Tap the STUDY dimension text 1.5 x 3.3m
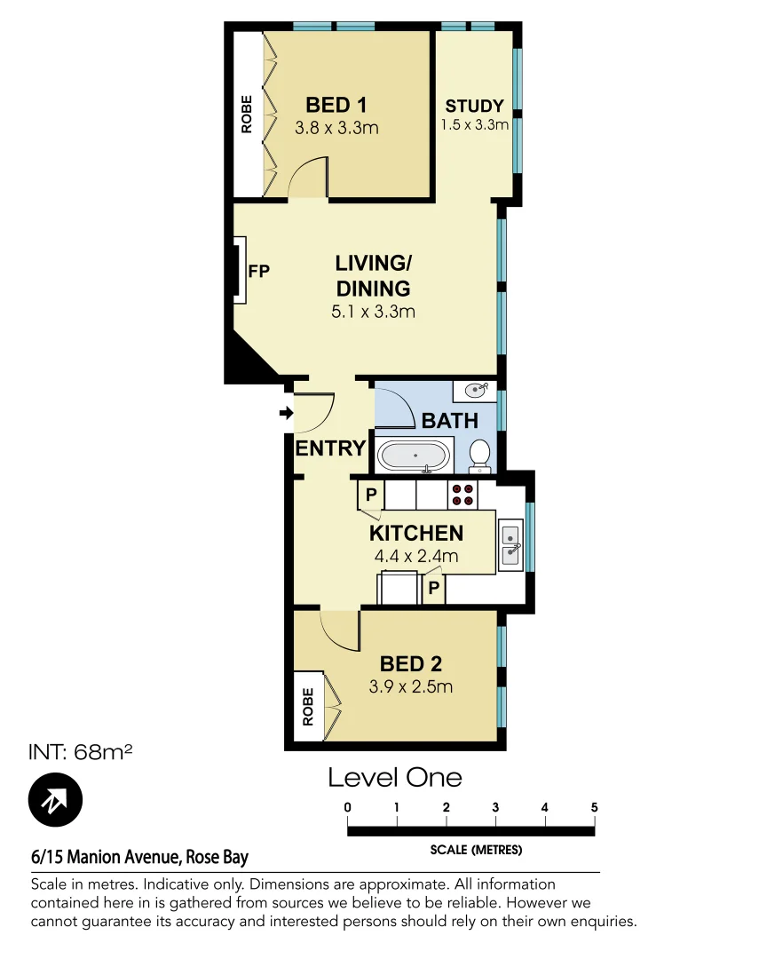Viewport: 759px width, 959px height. click(475, 125)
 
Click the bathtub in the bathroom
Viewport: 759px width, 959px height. click(413, 456)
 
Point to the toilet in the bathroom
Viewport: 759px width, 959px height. click(479, 454)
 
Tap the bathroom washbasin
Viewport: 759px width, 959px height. click(477, 389)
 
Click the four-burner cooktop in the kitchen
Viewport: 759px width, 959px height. click(463, 495)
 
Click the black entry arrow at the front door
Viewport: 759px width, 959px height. click(285, 413)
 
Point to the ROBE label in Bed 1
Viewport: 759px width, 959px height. click(247, 114)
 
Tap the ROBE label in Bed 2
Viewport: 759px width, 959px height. click(308, 708)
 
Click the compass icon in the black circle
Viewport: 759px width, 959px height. click(55, 800)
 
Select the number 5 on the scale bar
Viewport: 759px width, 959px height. click(594, 807)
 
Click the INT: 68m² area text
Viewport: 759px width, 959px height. click(82, 753)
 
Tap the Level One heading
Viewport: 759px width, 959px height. click(395, 778)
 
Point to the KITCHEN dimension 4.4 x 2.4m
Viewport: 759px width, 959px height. click(415, 557)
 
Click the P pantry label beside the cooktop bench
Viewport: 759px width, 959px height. click(370, 495)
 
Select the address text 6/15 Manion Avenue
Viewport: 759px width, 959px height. click(107, 857)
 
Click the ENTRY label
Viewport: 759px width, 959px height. click(330, 448)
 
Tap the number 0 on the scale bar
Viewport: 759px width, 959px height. click(348, 807)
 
